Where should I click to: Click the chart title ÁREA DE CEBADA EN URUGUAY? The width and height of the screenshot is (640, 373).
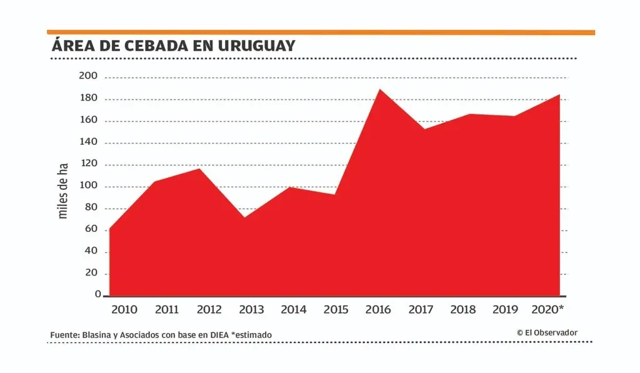[x=174, y=46]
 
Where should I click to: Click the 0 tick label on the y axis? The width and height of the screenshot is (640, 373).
[x=97, y=294]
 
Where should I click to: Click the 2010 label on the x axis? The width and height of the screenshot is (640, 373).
[x=125, y=309]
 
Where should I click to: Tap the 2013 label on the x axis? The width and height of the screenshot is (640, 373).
[x=251, y=309]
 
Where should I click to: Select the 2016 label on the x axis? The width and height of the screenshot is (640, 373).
[x=378, y=309]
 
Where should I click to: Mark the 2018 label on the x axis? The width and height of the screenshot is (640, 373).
[x=463, y=309]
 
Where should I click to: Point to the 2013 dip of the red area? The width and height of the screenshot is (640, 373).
[x=244, y=217]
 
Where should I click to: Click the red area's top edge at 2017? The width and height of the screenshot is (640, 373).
[x=424, y=129]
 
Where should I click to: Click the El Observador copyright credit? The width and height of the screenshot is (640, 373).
[x=547, y=333]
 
